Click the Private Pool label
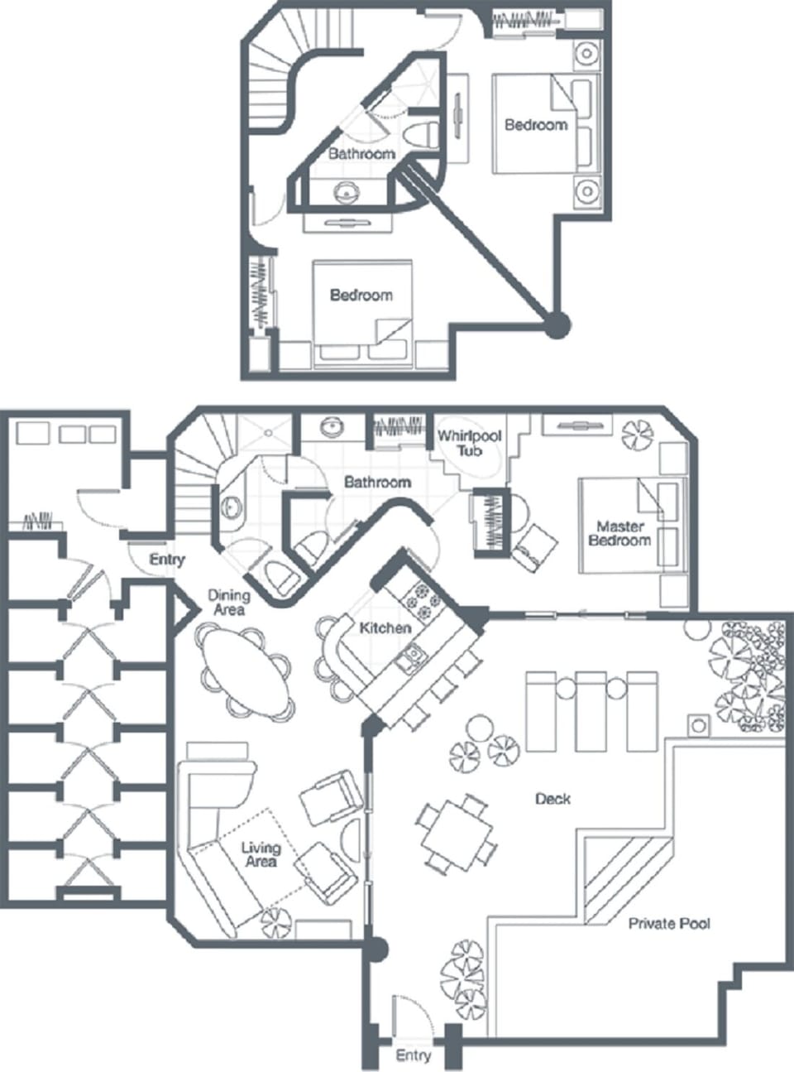click(669, 923)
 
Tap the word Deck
click(552, 799)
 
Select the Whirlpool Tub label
click(469, 444)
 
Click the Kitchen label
click(385, 628)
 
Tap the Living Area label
click(261, 854)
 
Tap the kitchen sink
click(410, 657)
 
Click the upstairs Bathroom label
click(361, 154)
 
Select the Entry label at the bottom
click(413, 1055)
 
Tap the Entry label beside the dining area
click(167, 560)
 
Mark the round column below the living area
click(375, 949)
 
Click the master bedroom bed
click(631, 526)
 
